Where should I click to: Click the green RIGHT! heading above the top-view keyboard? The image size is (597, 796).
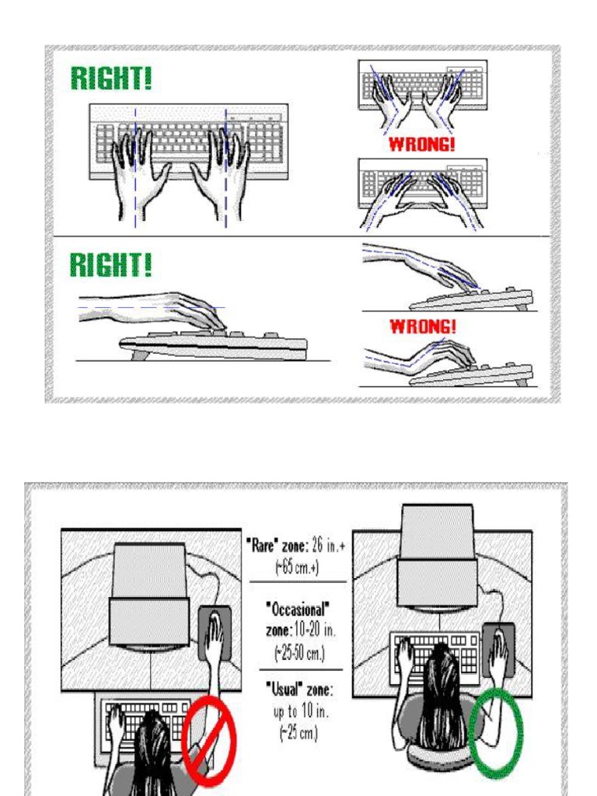111,79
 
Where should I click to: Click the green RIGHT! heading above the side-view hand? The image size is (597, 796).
111,266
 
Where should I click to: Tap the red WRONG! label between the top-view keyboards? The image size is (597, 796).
422,145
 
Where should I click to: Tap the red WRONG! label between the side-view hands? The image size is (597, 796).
422,328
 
